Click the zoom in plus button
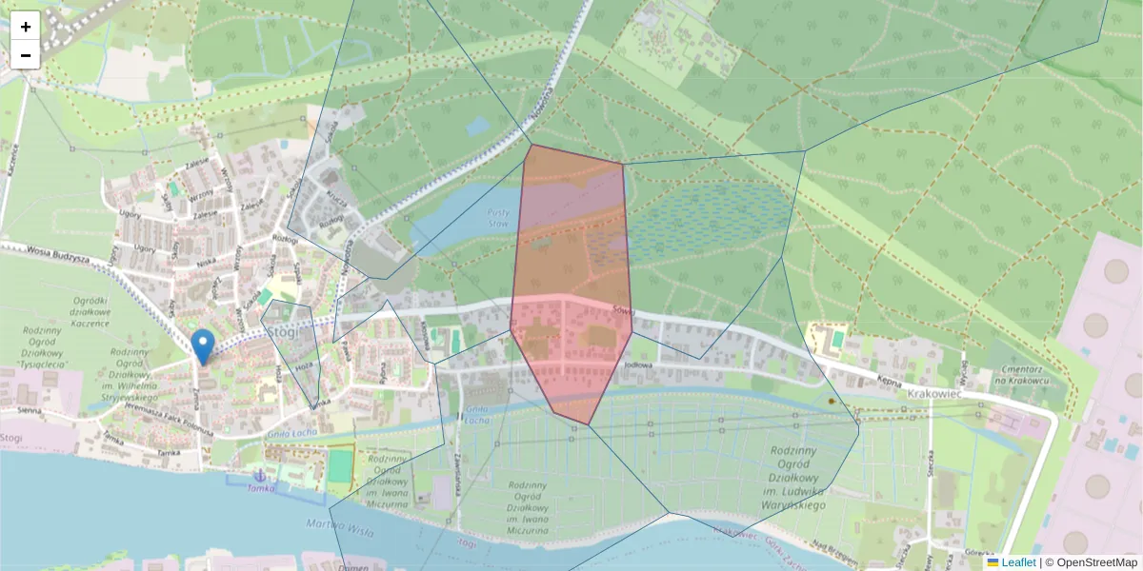tap(26, 27)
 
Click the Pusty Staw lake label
tap(498, 218)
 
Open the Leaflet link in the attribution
tap(1018, 562)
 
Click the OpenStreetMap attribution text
tap(1096, 562)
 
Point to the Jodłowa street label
tap(637, 364)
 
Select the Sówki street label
tap(624, 310)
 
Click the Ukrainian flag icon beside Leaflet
tap(993, 562)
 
